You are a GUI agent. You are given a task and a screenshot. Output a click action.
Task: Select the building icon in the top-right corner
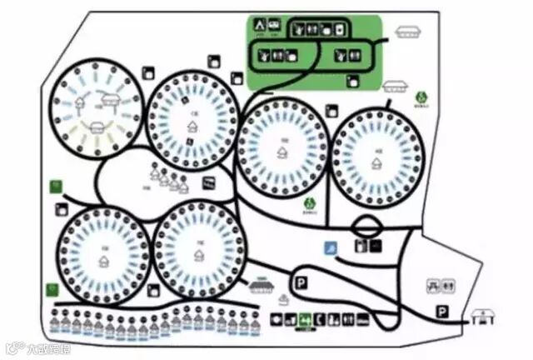tap(406, 32)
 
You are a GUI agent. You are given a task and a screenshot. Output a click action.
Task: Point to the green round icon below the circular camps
tap(309, 202)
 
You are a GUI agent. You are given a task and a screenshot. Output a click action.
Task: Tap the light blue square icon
tap(331, 247)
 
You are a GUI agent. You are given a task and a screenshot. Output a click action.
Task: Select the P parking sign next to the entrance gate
tap(442, 311)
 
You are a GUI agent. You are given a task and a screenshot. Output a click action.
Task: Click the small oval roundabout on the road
tap(370, 224)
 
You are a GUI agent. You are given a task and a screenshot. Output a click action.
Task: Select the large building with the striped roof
tap(262, 286)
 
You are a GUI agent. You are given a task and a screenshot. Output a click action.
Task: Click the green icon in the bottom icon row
tap(305, 317)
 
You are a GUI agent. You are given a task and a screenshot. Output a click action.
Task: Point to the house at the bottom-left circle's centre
tap(103, 260)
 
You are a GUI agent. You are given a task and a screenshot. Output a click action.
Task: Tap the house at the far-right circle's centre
tap(380, 162)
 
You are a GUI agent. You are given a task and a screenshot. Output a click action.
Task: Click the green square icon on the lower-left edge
tap(52, 289)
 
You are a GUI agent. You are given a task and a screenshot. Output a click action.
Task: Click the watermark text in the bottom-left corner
tap(33, 347)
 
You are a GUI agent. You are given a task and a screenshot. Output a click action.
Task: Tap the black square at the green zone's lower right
tap(352, 82)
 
